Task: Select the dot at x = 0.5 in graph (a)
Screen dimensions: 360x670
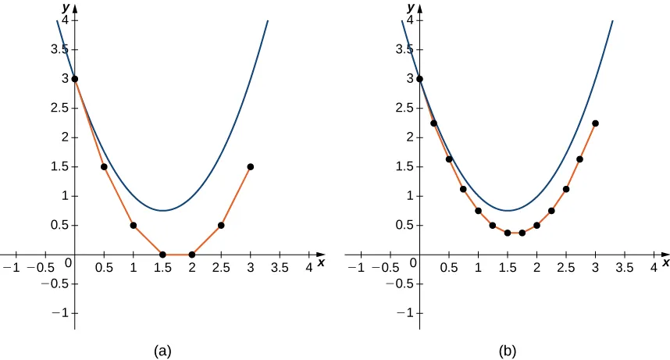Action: [104, 166]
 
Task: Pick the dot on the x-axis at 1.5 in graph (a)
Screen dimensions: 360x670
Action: [162, 255]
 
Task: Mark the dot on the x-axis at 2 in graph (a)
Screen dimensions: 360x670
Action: [192, 255]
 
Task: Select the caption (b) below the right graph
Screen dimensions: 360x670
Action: [508, 351]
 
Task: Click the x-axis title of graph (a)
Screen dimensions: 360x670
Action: [321, 263]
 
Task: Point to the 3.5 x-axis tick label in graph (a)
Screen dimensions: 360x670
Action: [280, 268]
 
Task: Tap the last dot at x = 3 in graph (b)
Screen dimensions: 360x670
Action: [595, 123]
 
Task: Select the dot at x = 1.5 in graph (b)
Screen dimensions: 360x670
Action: [508, 233]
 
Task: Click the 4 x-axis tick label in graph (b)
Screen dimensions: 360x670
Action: [654, 268]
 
